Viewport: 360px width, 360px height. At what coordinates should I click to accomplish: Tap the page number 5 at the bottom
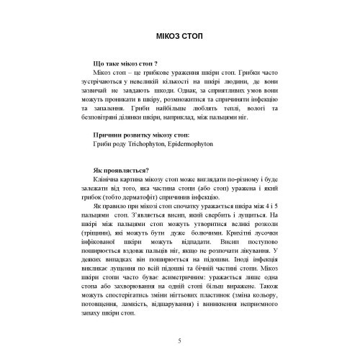click(180, 340)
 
